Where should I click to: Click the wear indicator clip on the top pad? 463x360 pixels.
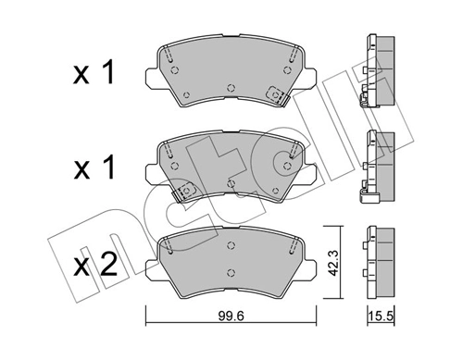(x=274, y=93)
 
